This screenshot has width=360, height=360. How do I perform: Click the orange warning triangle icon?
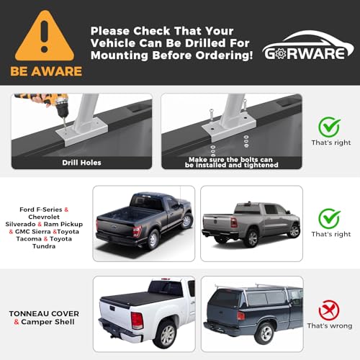coord(45,37)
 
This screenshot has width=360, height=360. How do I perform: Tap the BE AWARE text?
coord(45,71)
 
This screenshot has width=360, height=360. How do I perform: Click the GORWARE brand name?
coord(307,53)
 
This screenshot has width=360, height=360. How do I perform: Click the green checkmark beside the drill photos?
coord(329,127)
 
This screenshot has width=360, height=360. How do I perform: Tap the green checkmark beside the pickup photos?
coord(329,217)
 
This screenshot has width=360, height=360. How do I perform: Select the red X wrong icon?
coord(329,310)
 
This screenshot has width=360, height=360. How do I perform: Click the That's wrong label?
coord(329,325)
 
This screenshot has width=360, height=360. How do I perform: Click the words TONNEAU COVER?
coord(45,314)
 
